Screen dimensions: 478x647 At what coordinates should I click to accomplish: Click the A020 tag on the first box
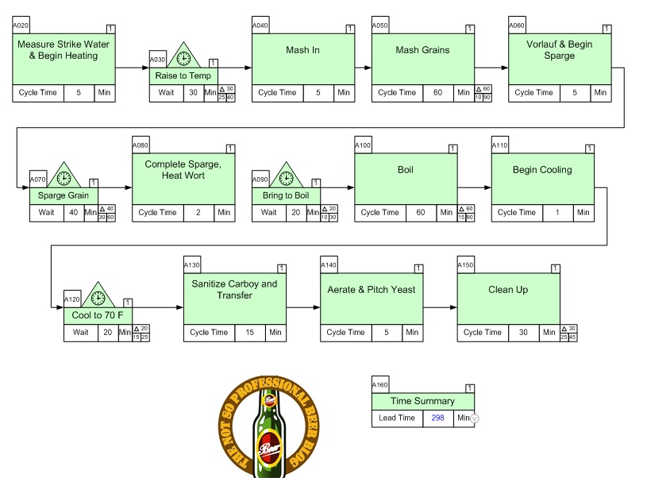[21, 25]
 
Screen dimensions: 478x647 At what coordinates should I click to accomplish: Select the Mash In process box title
[302, 50]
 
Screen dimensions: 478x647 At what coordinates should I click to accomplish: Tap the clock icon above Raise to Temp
[183, 58]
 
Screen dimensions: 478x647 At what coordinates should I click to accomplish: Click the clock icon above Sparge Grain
[64, 178]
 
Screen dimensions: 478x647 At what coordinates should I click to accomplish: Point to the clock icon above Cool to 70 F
[98, 298]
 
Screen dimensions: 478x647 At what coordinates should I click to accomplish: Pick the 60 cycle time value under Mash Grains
[438, 93]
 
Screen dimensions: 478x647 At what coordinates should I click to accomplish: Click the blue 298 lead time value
[438, 418]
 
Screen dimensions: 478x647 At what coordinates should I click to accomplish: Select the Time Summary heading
[422, 401]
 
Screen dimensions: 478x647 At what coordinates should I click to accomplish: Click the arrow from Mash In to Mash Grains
[363, 68]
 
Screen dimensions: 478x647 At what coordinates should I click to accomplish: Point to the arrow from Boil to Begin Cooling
[474, 188]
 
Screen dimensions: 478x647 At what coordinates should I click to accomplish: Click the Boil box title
[405, 170]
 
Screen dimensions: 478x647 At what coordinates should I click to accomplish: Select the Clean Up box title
[508, 290]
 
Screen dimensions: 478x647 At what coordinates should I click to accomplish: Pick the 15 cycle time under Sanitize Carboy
[249, 333]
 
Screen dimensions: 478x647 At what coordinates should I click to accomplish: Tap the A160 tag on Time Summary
[380, 384]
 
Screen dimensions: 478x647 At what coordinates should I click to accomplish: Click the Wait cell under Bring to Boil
[269, 213]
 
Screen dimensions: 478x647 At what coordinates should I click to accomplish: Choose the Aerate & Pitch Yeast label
[371, 290]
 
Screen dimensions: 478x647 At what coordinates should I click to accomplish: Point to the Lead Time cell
[397, 418]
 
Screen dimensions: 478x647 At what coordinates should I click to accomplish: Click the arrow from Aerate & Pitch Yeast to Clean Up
[440, 308]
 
